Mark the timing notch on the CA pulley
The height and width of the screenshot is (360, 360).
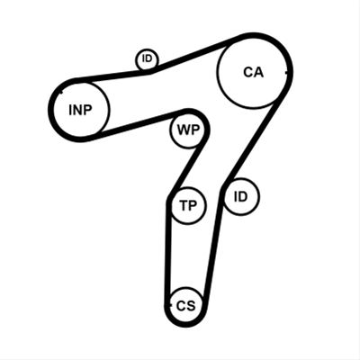point(287,72)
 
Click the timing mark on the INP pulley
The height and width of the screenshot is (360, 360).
point(61,92)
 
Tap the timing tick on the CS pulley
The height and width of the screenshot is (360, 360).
point(167,305)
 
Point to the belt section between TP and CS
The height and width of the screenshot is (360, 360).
point(167,250)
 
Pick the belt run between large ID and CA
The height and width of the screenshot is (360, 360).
point(252,141)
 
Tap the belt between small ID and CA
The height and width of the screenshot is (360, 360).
point(195,56)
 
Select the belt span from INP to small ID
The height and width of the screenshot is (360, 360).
point(112,76)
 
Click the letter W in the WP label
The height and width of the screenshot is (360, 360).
point(183,130)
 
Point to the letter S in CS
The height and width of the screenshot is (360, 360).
point(191,306)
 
